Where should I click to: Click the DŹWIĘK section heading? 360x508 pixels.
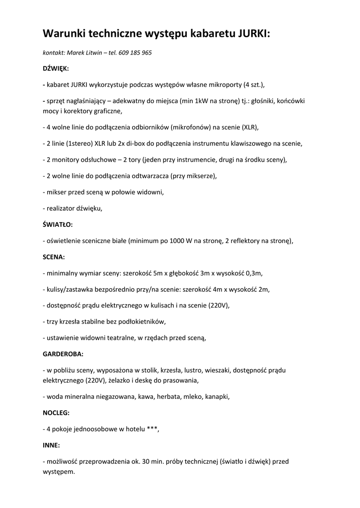56,68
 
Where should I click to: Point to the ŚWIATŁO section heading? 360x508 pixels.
58,225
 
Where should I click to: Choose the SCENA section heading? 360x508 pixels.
54,257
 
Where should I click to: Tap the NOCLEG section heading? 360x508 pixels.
56,412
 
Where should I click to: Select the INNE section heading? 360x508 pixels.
52,445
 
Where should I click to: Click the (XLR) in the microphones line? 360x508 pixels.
250,127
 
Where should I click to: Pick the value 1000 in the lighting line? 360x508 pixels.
178,241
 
